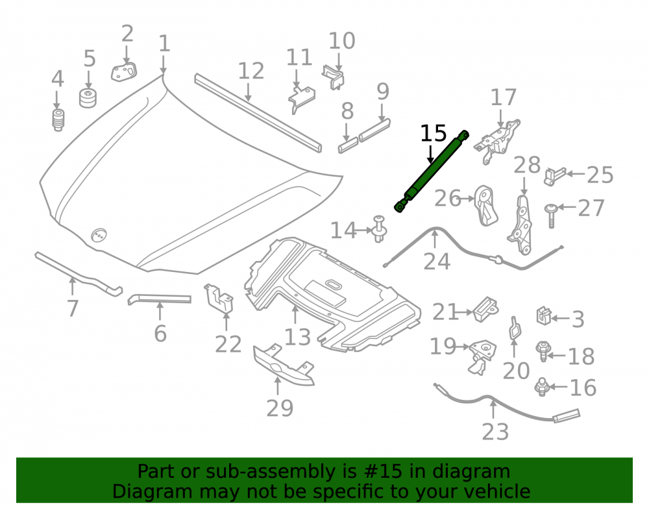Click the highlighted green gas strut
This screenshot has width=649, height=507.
pyautogui.click(x=432, y=171)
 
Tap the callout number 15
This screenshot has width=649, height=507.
pyautogui.click(x=434, y=134)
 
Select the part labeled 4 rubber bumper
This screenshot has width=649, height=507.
pyautogui.click(x=58, y=120)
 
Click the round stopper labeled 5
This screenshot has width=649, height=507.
pyautogui.click(x=88, y=97)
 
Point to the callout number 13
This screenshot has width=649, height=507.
pyautogui.click(x=298, y=338)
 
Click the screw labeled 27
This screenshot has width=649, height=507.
pyautogui.click(x=550, y=216)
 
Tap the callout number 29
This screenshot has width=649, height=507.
pyautogui.click(x=280, y=408)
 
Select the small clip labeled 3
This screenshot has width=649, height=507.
pyautogui.click(x=543, y=315)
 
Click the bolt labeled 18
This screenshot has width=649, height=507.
pyautogui.click(x=542, y=351)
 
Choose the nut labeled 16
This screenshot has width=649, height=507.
pyautogui.click(x=542, y=387)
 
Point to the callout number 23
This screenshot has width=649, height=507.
pyautogui.click(x=495, y=432)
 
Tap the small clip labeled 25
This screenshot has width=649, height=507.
pyautogui.click(x=554, y=177)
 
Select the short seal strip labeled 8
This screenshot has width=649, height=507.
pyautogui.click(x=348, y=145)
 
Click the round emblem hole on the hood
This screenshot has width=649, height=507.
pyautogui.click(x=99, y=235)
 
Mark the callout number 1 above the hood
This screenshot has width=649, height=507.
pyautogui.click(x=164, y=43)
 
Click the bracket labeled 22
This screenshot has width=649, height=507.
pyautogui.click(x=218, y=299)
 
